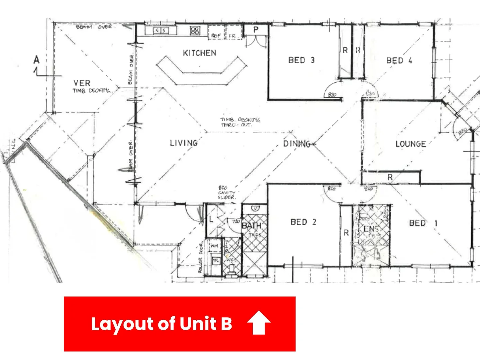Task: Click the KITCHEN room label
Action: (199, 53)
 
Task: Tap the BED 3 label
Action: (301, 60)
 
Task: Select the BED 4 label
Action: (399, 61)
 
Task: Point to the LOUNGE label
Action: (411, 144)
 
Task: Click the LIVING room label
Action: (184, 143)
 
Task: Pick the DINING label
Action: (297, 144)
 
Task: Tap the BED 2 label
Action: (303, 222)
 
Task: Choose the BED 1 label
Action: (423, 223)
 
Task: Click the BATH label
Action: (251, 226)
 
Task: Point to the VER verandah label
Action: (82, 83)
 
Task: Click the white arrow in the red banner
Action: (259, 322)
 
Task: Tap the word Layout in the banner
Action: (122, 324)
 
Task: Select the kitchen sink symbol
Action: (161, 31)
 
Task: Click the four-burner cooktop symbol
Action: (195, 31)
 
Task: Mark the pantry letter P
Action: (256, 30)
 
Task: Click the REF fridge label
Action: (216, 35)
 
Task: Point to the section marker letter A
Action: (36, 60)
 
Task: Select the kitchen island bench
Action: (201, 71)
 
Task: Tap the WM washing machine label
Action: (214, 246)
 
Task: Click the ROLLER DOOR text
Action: (201, 258)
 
